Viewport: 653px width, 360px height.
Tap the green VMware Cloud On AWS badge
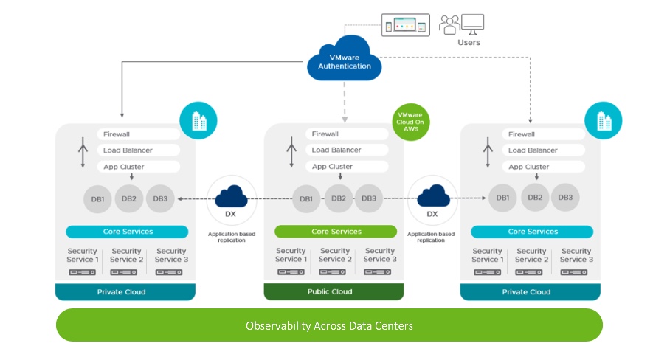pos(411,121)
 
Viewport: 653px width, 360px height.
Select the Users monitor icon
pos(472,24)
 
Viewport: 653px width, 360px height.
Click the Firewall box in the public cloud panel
pos(346,134)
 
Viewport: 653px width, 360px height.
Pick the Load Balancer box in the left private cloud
pos(138,150)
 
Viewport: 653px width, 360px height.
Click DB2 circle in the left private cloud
pos(128,198)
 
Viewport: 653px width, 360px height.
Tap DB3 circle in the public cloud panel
pos(369,198)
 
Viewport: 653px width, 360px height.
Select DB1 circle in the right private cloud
pos(502,198)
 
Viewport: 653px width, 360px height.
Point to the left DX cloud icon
pos(231,197)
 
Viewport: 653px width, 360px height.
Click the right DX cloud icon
pos(433,197)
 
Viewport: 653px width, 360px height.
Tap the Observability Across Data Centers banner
pos(329,325)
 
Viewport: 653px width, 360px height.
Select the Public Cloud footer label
pos(334,291)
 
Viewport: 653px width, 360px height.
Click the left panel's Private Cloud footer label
pos(122,292)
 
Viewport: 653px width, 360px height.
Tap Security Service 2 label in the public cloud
pos(335,255)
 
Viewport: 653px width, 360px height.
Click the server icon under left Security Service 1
pos(82,273)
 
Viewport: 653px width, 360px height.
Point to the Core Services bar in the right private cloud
pos(533,232)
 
